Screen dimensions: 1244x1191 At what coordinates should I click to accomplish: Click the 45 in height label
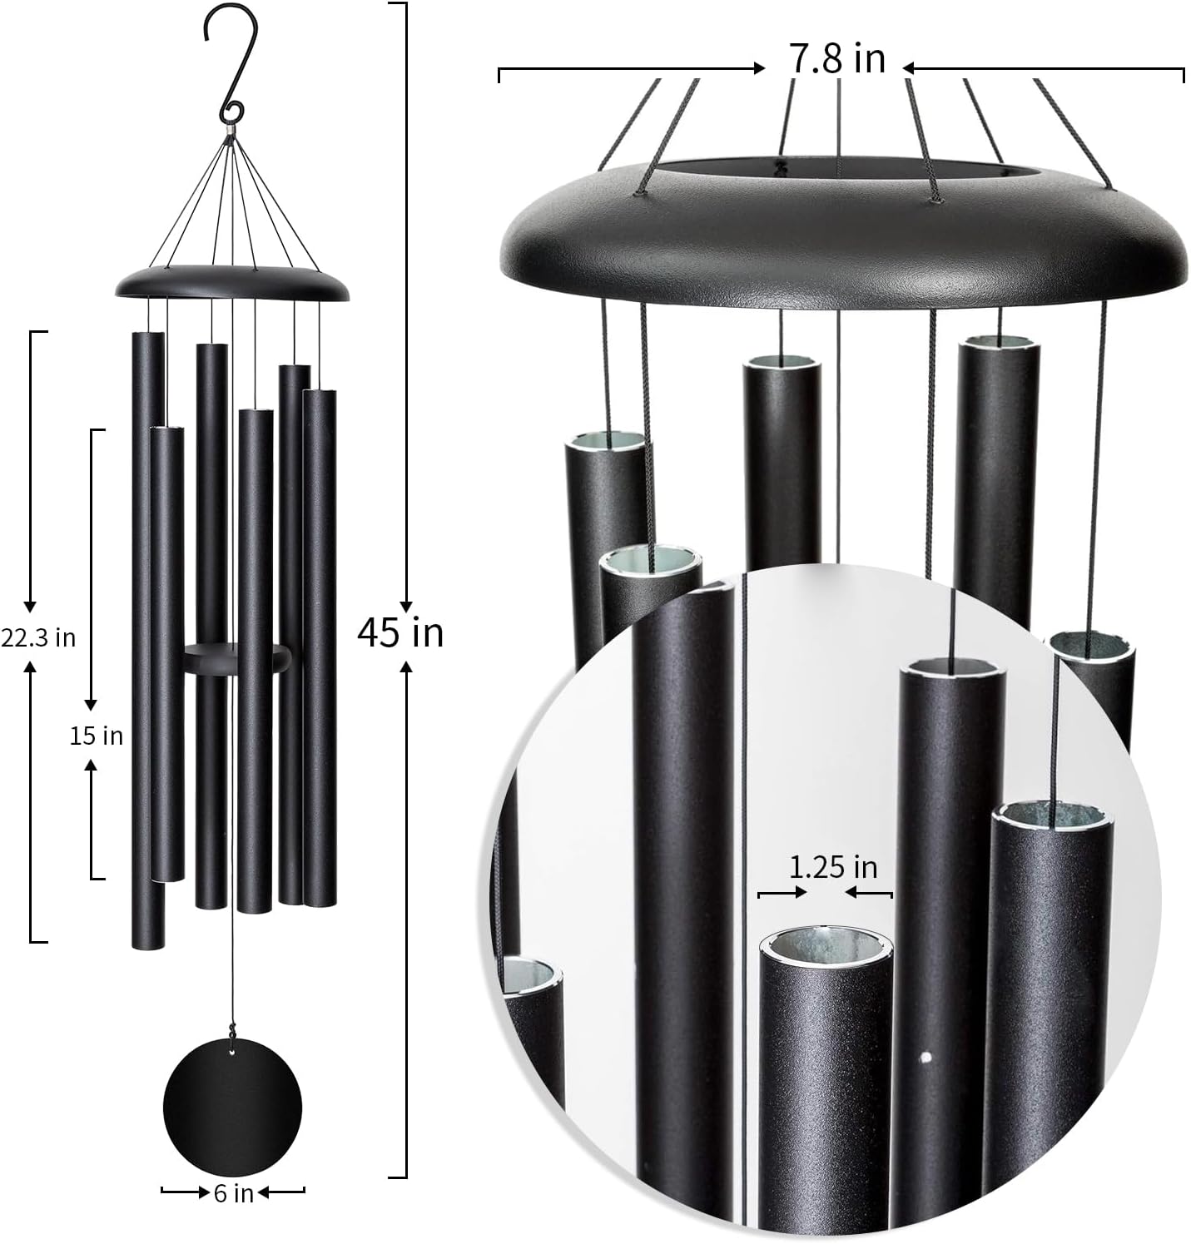400,633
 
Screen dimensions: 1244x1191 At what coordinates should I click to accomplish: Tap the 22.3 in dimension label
38,637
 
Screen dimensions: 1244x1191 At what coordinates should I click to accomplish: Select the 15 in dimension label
96,736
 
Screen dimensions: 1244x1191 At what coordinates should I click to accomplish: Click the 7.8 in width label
836,60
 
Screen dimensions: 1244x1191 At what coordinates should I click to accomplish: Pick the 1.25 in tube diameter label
833,867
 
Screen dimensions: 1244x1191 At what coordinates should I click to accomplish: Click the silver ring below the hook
230,131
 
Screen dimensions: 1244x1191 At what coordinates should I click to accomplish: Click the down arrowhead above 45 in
406,607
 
